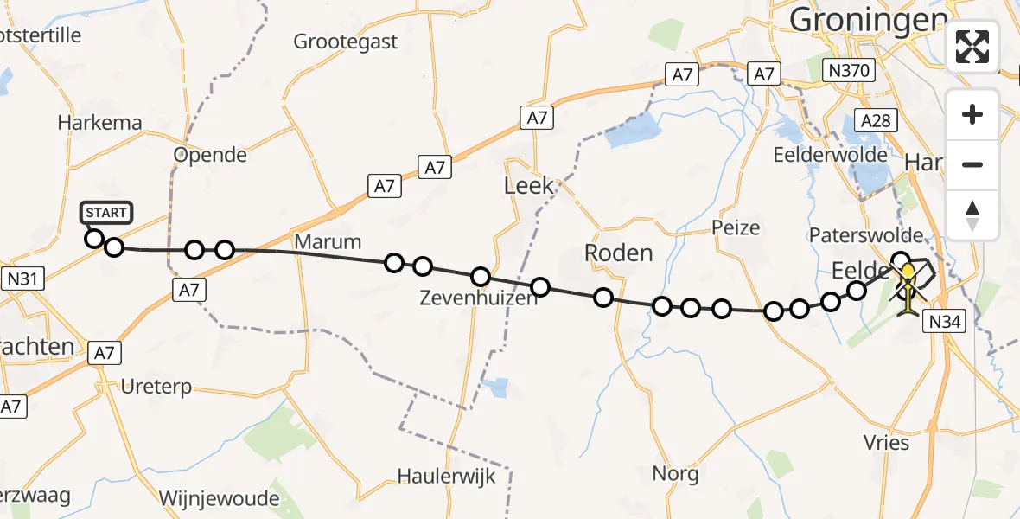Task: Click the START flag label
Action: (x=106, y=213)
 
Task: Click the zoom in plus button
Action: (x=972, y=114)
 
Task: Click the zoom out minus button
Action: (x=972, y=164)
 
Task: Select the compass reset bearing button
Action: (x=972, y=215)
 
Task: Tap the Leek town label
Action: (x=529, y=185)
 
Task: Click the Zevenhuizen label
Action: (x=478, y=298)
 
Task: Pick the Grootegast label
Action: (x=346, y=41)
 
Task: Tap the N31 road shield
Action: (x=25, y=279)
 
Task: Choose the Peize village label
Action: (x=736, y=228)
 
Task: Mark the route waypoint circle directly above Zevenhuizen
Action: (x=481, y=277)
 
